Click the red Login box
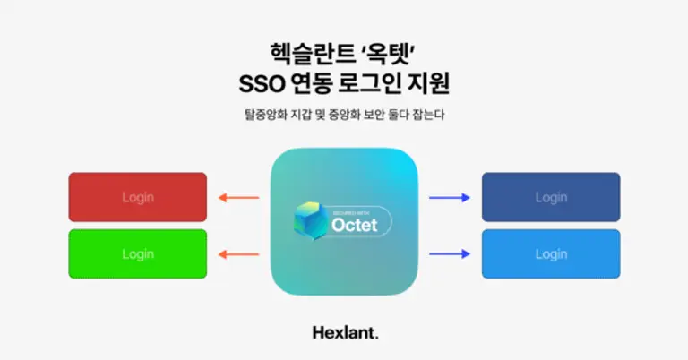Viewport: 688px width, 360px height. click(138, 197)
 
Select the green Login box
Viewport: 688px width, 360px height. click(138, 253)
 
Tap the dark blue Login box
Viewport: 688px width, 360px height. click(551, 197)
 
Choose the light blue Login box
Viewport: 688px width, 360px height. click(551, 253)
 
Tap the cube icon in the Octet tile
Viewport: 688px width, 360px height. click(312, 220)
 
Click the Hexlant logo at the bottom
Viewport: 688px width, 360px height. click(345, 332)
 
